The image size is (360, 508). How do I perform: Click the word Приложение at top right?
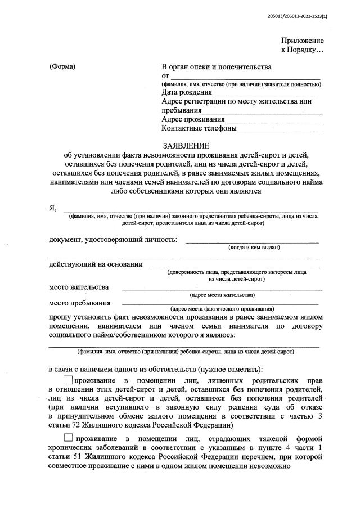coord(303,41)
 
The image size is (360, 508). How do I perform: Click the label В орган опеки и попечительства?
coord(217,67)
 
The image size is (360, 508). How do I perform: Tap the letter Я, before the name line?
coord(53,208)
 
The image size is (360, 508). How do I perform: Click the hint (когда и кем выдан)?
coord(254,248)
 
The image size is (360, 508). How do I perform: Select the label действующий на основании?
coord(96,264)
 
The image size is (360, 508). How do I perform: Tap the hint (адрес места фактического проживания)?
coord(222,309)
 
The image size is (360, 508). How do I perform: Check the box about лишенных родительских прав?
coord(68,381)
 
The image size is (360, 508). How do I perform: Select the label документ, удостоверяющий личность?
coord(112,240)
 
